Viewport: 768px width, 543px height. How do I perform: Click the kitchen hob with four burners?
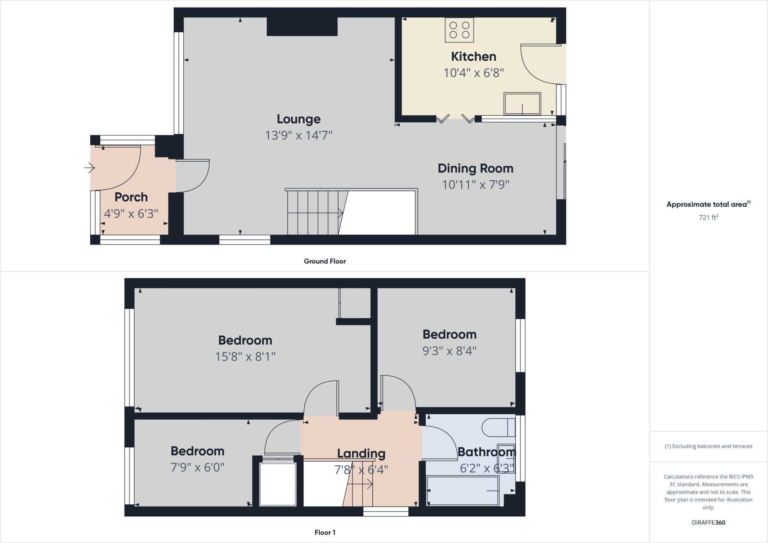pos(459,30)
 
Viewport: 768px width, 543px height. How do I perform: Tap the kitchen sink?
pos(522,104)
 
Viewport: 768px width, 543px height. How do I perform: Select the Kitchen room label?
pos(473,57)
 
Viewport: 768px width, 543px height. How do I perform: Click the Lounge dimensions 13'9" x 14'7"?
pos(298,135)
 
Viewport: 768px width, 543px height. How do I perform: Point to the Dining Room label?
pos(475,168)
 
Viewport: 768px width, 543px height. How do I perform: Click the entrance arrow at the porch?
pos(89,167)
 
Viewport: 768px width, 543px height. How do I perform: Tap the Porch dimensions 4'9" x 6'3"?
pos(131,214)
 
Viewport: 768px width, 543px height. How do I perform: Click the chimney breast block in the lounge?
pos(302,27)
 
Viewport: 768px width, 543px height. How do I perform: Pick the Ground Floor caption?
pos(325,261)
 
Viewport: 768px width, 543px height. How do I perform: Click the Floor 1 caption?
pos(325,532)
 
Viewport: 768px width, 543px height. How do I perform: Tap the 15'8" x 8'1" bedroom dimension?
pos(245,357)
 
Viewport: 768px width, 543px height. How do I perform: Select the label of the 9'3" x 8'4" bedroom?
pos(449,334)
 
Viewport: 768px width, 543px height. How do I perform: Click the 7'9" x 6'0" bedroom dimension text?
pos(197,468)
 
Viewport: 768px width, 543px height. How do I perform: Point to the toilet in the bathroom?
pos(498,427)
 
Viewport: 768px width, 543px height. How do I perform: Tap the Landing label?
pos(361,454)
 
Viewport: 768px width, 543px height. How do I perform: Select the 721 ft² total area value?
pos(708,217)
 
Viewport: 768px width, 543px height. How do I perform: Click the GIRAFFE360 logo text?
pos(708,523)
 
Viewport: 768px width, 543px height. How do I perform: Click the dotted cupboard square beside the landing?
pos(278,484)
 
